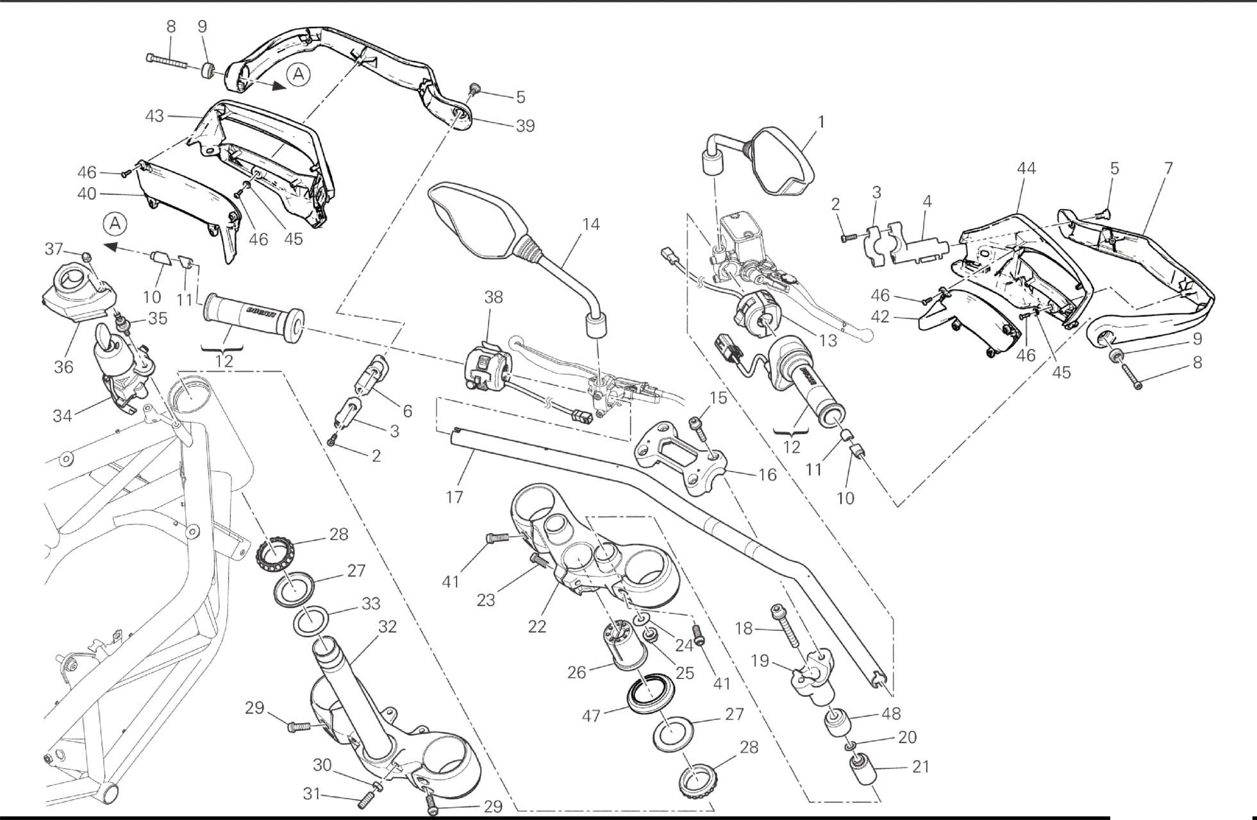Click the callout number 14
coord(590,224)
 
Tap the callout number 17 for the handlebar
coord(454,497)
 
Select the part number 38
coord(494,297)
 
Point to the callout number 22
coord(537,626)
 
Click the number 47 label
coord(590,715)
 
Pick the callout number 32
coord(387,626)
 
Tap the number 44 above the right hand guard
coord(1026,169)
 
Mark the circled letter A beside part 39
coord(298,75)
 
